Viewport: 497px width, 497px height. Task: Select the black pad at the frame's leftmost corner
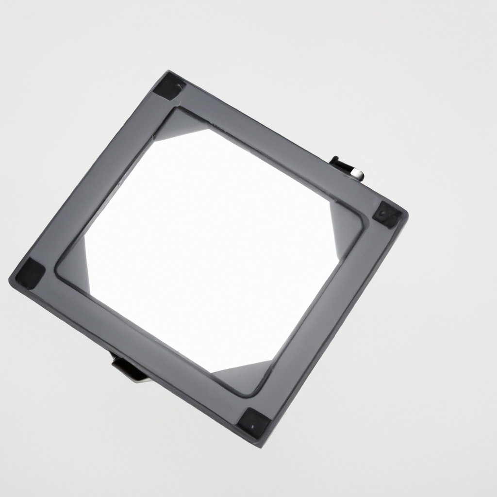click(30, 274)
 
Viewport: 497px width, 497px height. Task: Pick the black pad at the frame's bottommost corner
click(253, 420)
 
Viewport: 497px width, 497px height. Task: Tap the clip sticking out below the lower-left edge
click(128, 367)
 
